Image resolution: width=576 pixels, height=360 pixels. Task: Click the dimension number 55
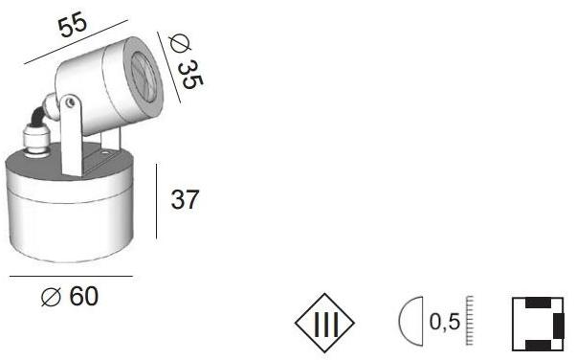point(72,25)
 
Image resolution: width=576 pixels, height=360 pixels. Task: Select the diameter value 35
point(189,71)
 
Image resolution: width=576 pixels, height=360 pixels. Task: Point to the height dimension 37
point(185,199)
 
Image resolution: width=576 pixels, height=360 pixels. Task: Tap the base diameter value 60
point(83,299)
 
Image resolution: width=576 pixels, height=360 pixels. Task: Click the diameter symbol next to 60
point(53,299)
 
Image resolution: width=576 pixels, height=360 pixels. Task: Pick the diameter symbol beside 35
point(176,42)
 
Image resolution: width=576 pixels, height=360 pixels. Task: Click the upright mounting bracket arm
point(70,139)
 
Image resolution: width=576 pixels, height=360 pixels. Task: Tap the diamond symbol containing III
point(325,324)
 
